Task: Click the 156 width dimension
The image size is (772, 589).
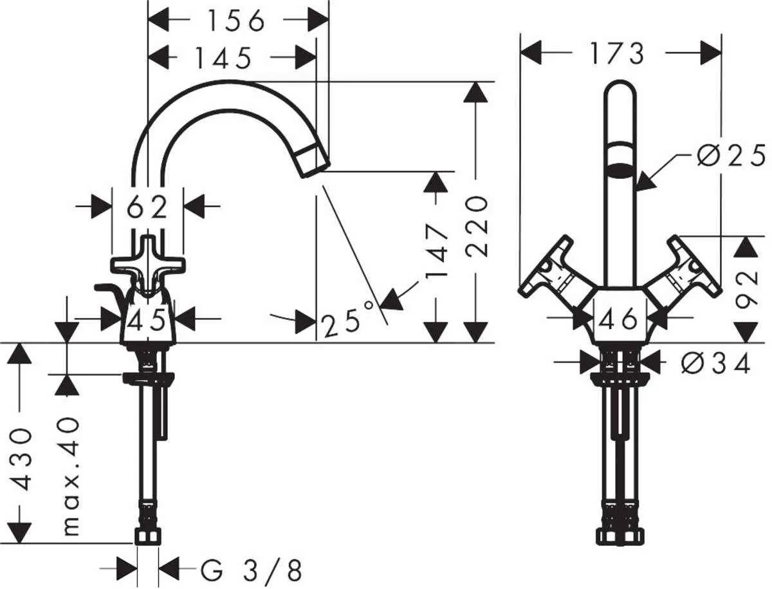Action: click(235, 21)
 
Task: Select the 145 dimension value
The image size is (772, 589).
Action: click(223, 59)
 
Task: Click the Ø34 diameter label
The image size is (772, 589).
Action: click(715, 364)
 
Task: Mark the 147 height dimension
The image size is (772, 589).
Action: click(437, 251)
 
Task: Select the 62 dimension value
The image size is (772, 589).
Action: click(147, 207)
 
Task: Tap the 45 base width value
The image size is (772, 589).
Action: click(148, 319)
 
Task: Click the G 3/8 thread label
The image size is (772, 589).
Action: click(251, 570)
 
